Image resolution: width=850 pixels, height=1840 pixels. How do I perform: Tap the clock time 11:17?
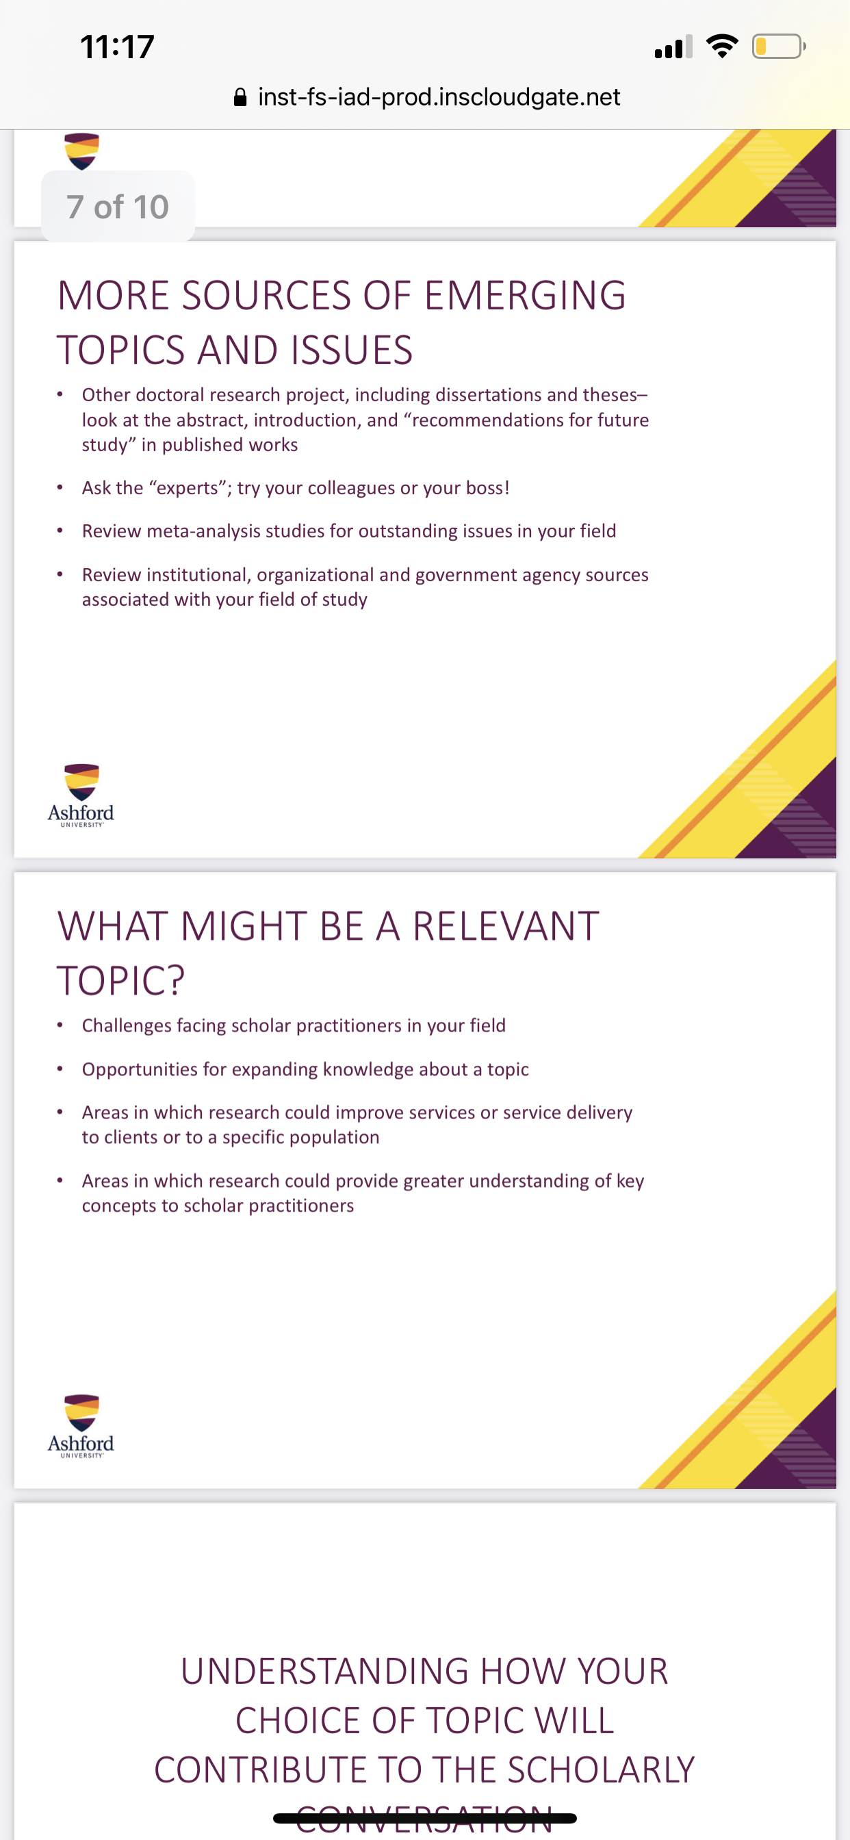117,47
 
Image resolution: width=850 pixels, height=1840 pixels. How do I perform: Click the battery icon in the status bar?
779,47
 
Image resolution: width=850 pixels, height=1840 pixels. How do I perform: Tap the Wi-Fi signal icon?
721,47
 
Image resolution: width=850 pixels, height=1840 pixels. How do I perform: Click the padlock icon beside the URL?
241,97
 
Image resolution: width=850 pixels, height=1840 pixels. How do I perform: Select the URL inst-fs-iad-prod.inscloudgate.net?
439,97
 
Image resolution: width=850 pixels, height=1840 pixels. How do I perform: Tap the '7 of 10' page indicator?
118,207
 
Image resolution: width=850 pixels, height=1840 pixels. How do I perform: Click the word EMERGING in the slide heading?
524,295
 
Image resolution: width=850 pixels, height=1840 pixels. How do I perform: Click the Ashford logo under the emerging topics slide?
81,795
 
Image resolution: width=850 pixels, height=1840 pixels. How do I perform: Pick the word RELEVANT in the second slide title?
506,925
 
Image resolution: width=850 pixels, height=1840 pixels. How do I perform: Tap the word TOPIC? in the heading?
120,981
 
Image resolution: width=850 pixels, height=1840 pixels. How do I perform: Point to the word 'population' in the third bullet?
337,1138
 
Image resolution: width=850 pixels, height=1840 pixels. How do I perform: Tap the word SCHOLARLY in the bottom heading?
601,1770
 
